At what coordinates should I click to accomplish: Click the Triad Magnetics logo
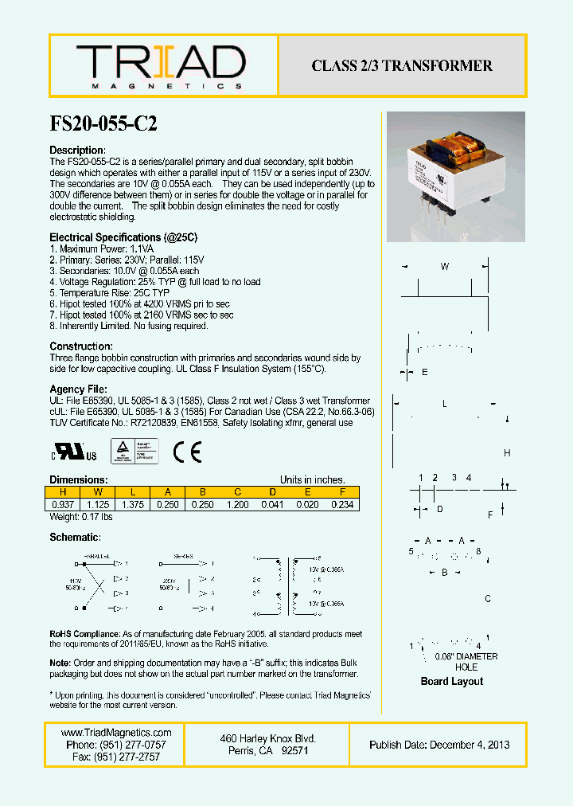(162, 65)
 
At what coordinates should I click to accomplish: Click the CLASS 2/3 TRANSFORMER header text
(402, 66)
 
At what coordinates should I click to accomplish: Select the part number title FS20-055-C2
(103, 124)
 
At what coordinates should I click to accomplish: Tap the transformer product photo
(456, 176)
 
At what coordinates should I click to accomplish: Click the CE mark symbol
(189, 452)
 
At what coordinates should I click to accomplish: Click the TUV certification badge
(134, 452)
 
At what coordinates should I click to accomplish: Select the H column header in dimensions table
(63, 491)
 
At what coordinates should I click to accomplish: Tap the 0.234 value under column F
(341, 504)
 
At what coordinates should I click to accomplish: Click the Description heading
(77, 151)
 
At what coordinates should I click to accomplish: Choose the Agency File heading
(78, 389)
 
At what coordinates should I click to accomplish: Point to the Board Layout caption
(451, 681)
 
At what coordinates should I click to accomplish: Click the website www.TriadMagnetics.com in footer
(116, 733)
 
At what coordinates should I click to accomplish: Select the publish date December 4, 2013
(439, 745)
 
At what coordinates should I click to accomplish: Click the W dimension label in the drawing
(445, 267)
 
